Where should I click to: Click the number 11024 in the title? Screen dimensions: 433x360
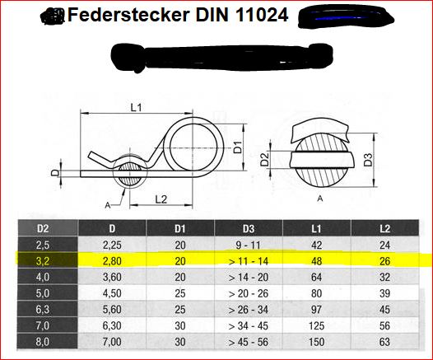[262, 15]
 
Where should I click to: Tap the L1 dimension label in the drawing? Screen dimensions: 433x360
[136, 107]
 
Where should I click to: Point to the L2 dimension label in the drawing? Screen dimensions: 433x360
[161, 199]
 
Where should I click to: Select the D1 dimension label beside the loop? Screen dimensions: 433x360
[238, 147]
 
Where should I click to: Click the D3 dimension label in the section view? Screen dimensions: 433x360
[368, 160]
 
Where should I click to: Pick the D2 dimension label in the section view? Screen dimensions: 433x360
[264, 160]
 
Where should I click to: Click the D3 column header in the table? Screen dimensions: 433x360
[249, 228]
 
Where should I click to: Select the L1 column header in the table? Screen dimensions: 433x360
[316, 228]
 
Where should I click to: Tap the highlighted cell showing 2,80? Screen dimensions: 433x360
[112, 261]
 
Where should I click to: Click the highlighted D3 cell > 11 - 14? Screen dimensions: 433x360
[249, 261]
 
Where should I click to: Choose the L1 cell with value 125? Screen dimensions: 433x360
[316, 325]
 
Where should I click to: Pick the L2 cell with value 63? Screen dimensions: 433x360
[384, 342]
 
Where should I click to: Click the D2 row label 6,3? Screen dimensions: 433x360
[43, 310]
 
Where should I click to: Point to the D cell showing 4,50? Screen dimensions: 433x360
[112, 293]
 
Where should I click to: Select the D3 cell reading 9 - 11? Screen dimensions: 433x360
[248, 245]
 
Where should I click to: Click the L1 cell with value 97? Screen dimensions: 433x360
[316, 310]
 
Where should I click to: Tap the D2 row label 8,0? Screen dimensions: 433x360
[43, 342]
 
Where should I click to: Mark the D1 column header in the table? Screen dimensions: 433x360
[180, 228]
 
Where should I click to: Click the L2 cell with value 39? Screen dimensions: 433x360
[384, 293]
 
